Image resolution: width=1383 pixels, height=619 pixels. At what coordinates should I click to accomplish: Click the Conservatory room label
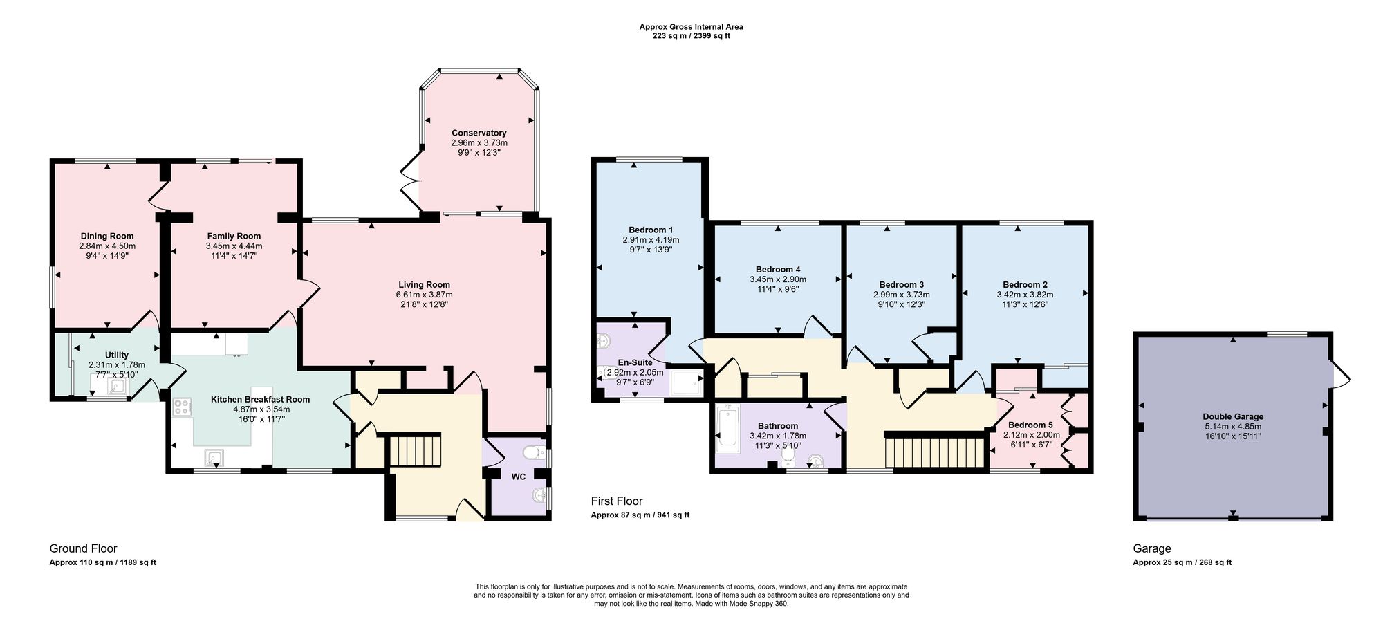click(479, 133)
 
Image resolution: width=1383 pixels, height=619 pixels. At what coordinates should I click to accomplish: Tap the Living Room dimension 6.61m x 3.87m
click(424, 295)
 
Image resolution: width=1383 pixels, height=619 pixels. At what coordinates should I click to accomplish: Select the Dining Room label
click(107, 237)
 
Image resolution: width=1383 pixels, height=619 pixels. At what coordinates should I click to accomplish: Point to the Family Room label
click(234, 237)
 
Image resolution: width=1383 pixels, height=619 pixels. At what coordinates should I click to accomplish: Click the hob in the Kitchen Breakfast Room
click(183, 407)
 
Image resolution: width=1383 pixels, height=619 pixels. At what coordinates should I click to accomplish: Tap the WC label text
click(519, 477)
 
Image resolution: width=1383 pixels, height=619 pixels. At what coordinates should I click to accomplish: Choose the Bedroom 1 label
click(651, 230)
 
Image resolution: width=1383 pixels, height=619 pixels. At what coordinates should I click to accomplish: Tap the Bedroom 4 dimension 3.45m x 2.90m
click(778, 279)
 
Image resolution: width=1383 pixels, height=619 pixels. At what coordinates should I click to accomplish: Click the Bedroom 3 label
click(902, 284)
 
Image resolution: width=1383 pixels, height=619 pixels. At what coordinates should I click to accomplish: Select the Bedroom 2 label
click(1025, 284)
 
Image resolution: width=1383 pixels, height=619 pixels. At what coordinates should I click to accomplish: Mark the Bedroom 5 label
click(1030, 425)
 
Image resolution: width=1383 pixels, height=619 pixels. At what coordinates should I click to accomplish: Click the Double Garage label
click(1233, 416)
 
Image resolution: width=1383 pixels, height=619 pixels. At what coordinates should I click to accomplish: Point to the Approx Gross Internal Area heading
click(691, 27)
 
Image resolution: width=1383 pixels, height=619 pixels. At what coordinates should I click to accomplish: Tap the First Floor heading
click(617, 501)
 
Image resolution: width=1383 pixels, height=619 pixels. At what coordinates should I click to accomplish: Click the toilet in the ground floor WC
click(535, 453)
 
